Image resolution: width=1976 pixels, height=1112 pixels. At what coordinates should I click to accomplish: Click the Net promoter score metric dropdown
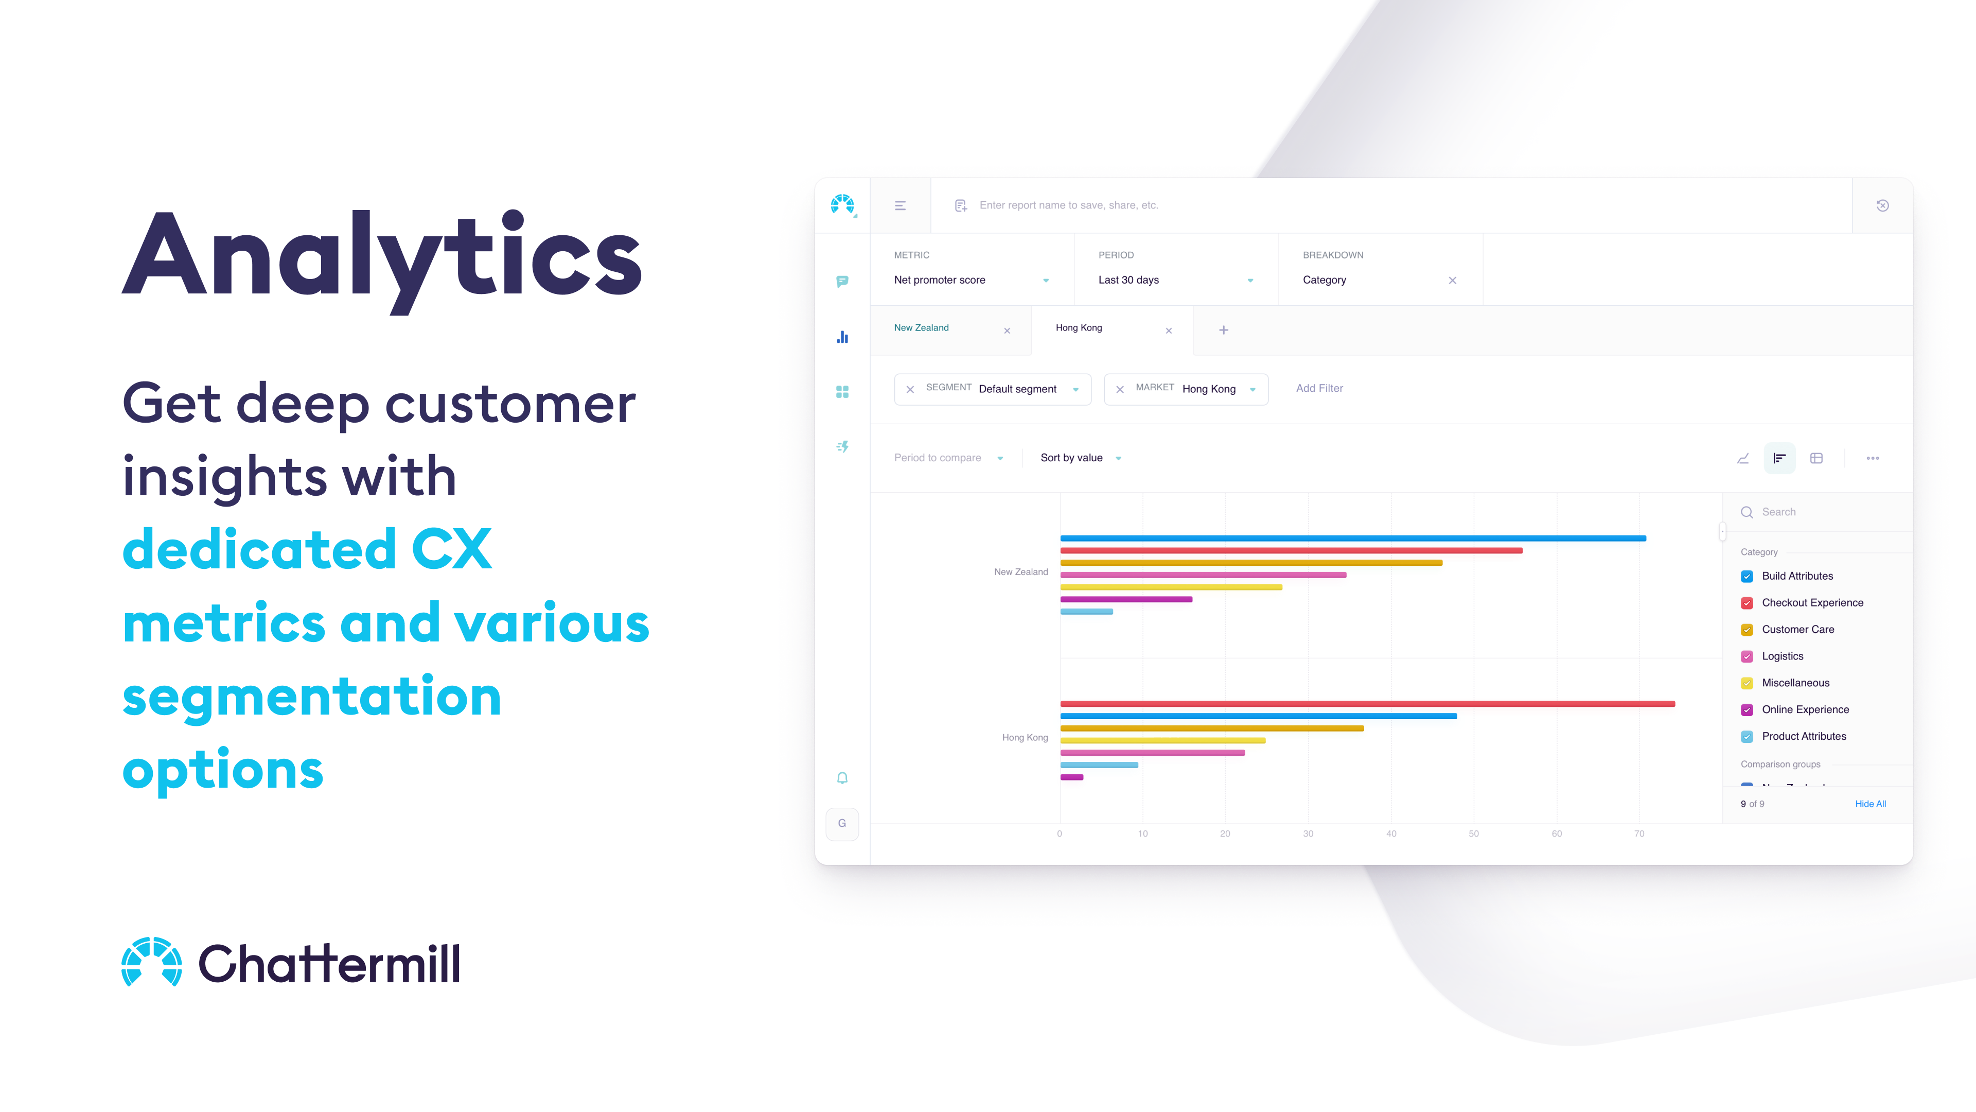click(x=971, y=280)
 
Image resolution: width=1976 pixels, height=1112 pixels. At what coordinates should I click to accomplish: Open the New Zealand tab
click(x=921, y=328)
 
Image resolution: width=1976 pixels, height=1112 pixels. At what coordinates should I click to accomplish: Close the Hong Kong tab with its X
click(x=1168, y=331)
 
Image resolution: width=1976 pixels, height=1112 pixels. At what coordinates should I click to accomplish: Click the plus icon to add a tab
click(x=1224, y=330)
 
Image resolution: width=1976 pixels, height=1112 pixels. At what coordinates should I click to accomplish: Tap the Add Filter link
click(x=1319, y=388)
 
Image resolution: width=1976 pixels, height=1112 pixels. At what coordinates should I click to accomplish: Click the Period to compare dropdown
click(x=947, y=458)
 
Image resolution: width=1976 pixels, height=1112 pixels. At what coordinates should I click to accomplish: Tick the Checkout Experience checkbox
click(x=1746, y=603)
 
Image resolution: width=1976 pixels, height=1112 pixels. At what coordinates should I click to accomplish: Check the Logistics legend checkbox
click(x=1746, y=657)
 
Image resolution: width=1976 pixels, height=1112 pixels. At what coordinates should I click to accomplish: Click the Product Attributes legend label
click(x=1804, y=737)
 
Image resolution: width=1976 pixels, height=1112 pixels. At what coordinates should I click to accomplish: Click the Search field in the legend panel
click(x=1818, y=512)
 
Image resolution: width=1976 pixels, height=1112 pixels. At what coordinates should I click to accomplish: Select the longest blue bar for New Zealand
click(x=1352, y=538)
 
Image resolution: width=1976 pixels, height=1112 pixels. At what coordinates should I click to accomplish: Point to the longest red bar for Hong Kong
click(x=1367, y=704)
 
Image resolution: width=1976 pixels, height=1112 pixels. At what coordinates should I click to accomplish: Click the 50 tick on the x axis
click(x=1474, y=834)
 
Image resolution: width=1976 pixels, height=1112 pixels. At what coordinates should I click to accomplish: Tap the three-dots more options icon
click(x=1873, y=458)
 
